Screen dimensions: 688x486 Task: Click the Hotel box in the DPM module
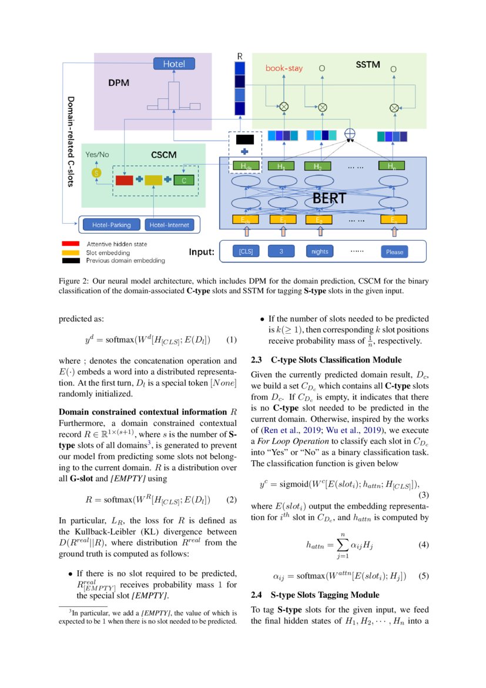(x=173, y=64)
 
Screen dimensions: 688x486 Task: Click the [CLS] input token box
(x=246, y=251)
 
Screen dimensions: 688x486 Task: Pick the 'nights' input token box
(x=320, y=251)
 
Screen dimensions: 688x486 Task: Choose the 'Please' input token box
(x=394, y=251)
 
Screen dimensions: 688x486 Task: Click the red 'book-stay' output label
(x=284, y=68)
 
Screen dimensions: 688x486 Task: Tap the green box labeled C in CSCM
(x=184, y=180)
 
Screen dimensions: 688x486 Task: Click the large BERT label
(x=329, y=199)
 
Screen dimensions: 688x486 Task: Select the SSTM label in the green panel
(x=368, y=64)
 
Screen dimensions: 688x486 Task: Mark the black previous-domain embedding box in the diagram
(x=244, y=139)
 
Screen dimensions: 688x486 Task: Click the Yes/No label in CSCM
(x=98, y=155)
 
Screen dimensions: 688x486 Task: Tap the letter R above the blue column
(x=240, y=56)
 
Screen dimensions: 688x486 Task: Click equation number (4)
(x=423, y=544)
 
